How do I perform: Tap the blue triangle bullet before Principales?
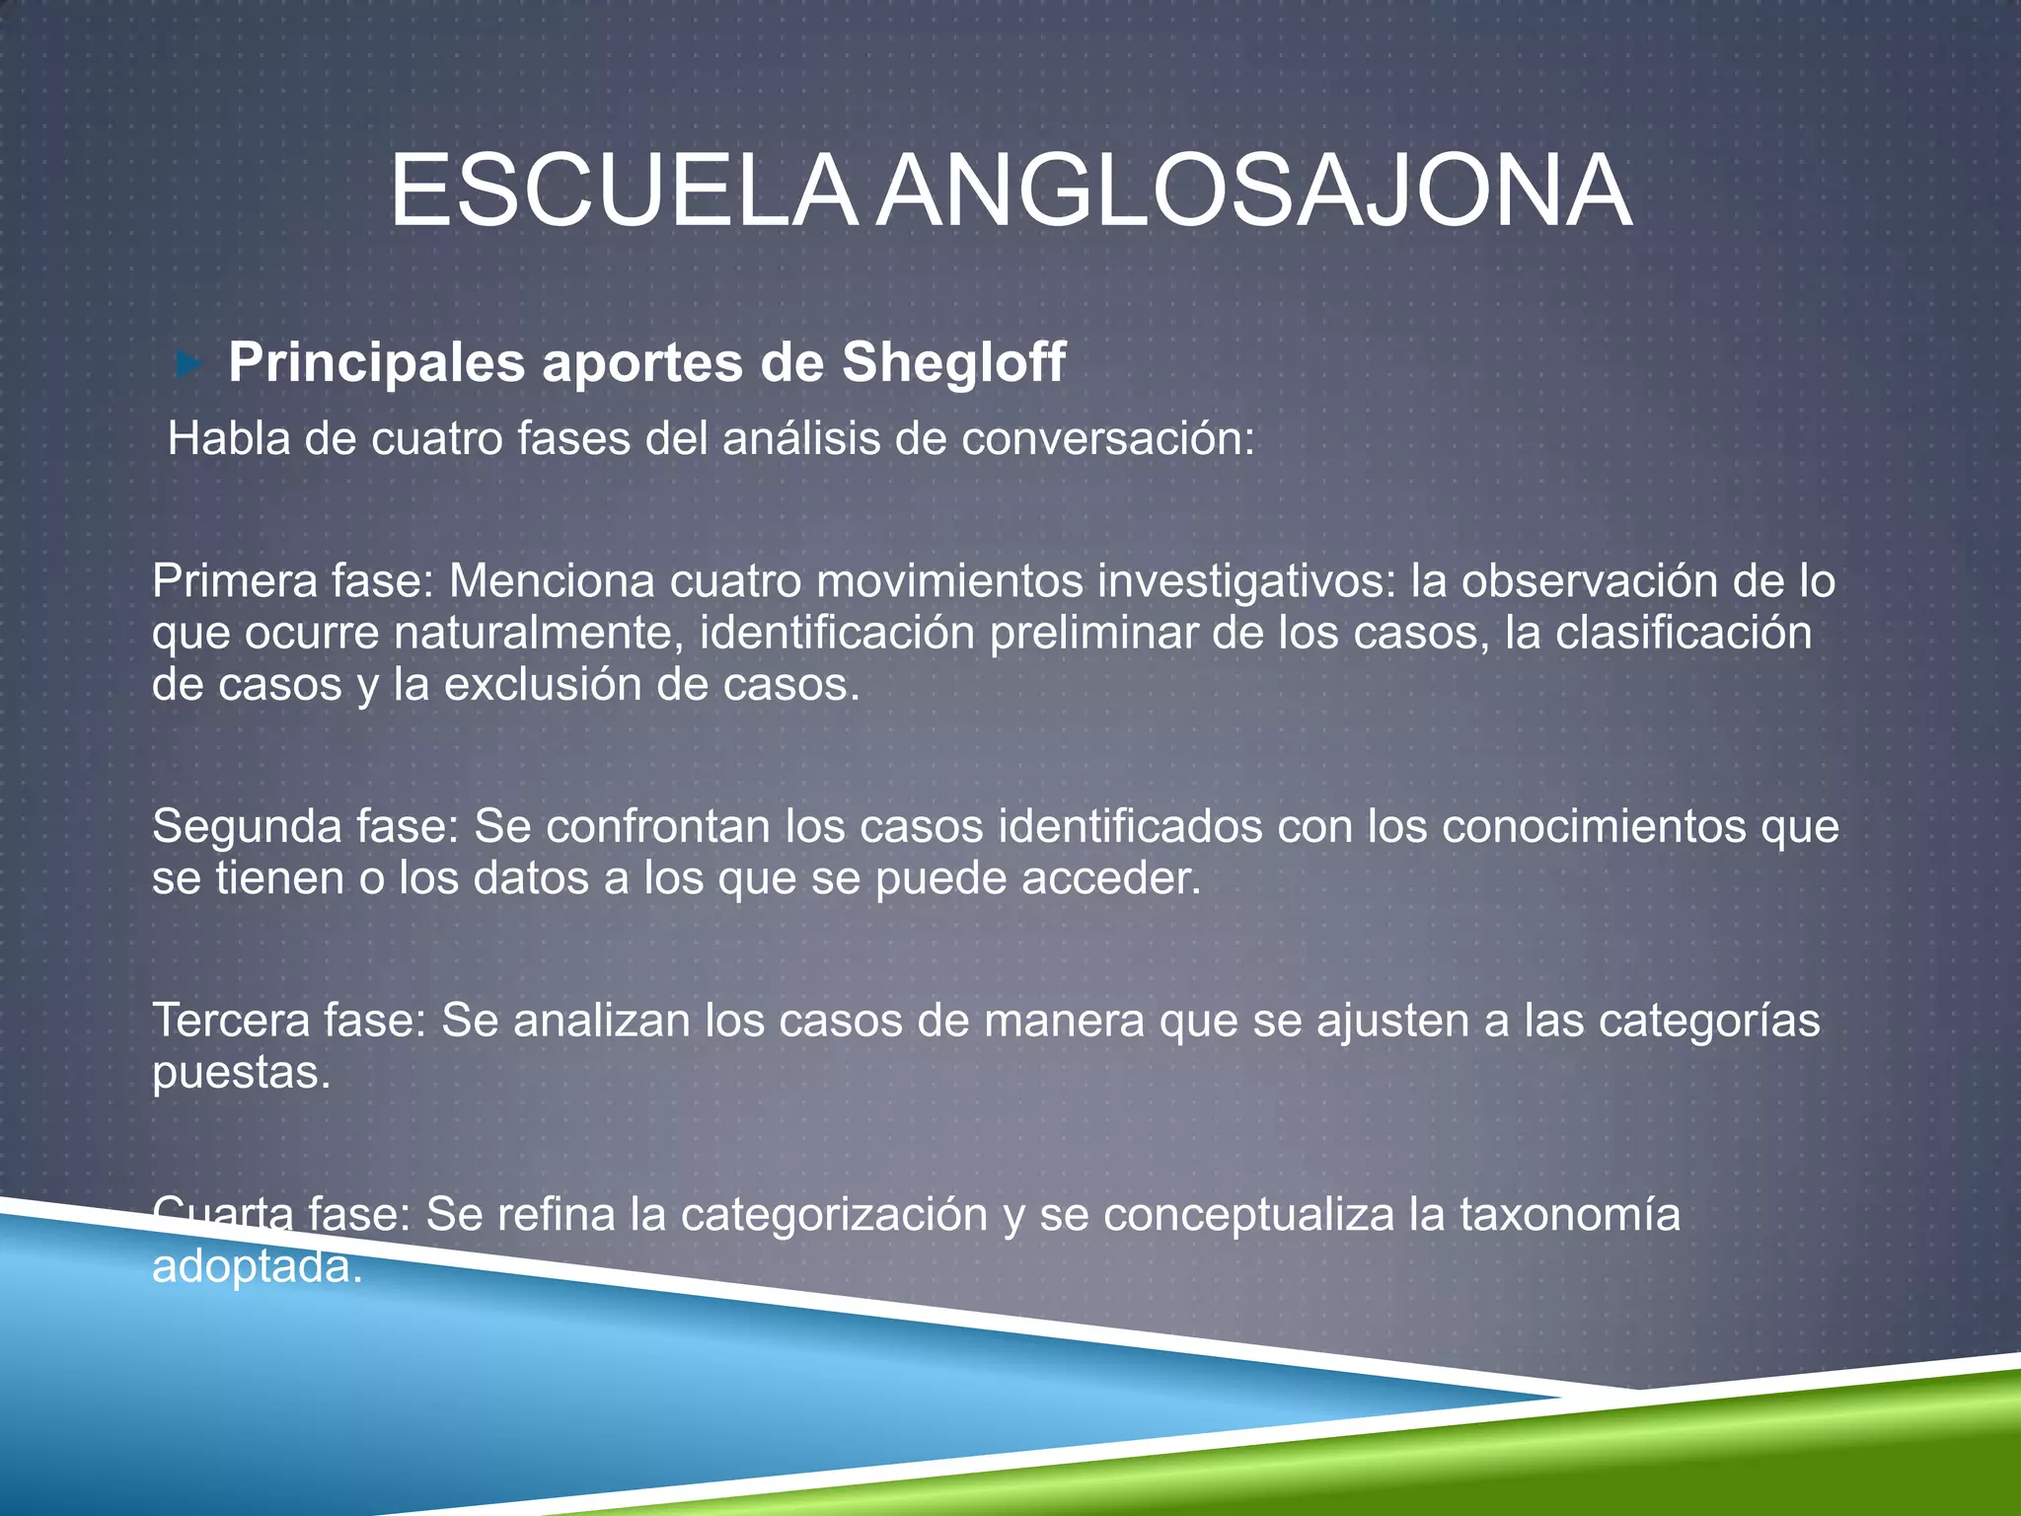click(187, 365)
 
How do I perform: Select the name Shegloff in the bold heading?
click(953, 362)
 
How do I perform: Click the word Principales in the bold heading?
click(376, 363)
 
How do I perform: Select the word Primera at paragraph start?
click(234, 581)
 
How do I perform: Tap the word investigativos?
click(1247, 581)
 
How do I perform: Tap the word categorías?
click(1709, 1021)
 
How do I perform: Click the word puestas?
click(241, 1073)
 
